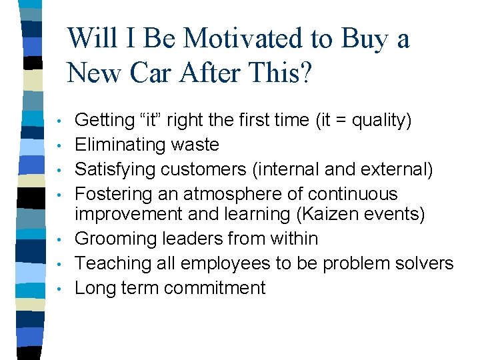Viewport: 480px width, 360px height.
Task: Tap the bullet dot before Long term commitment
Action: point(60,289)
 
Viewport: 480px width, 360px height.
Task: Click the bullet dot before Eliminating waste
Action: point(60,145)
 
